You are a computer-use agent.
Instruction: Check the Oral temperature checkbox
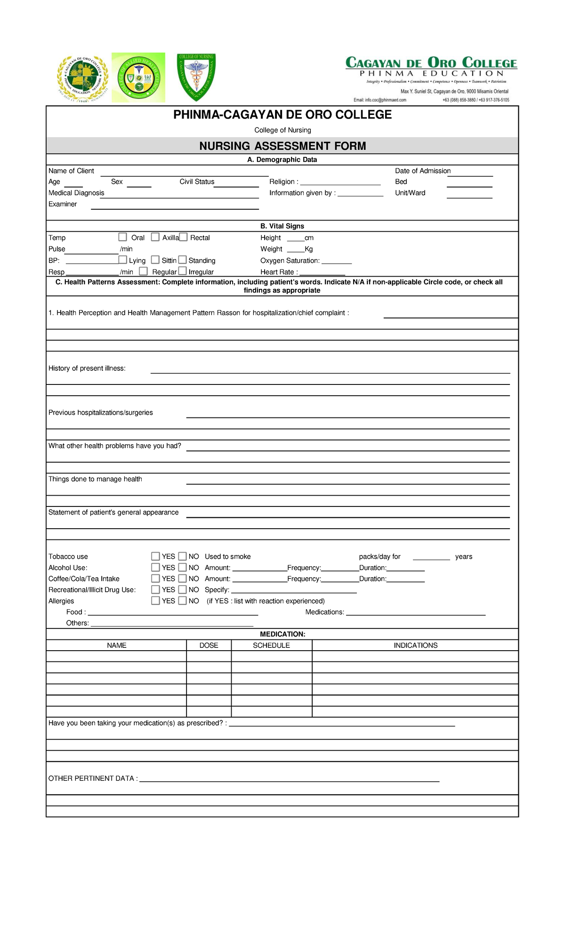tap(122, 237)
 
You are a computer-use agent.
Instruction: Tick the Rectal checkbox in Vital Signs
tap(183, 237)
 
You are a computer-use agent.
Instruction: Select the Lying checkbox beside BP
tap(122, 260)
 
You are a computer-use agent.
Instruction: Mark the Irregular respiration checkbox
tap(183, 271)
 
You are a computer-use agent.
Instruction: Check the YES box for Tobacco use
tap(155, 556)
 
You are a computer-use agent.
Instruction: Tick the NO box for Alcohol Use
tap(183, 567)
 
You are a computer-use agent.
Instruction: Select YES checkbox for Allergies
tap(155, 601)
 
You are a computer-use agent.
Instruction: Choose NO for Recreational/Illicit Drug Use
tap(183, 589)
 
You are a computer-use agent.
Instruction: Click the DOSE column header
tap(209, 645)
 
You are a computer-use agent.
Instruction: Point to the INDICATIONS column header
tap(415, 645)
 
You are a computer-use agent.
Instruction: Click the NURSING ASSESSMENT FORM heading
tap(282, 146)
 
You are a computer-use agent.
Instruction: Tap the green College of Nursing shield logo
tap(196, 77)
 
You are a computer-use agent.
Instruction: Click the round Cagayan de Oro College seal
tap(83, 78)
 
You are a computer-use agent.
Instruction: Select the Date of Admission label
tap(422, 171)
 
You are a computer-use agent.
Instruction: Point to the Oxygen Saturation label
tap(290, 261)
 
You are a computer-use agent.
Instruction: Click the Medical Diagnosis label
tap(76, 193)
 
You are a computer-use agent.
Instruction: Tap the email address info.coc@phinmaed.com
tap(380, 100)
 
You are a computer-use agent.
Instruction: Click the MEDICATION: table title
tap(282, 634)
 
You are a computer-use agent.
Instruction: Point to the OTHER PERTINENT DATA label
tap(93, 778)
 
